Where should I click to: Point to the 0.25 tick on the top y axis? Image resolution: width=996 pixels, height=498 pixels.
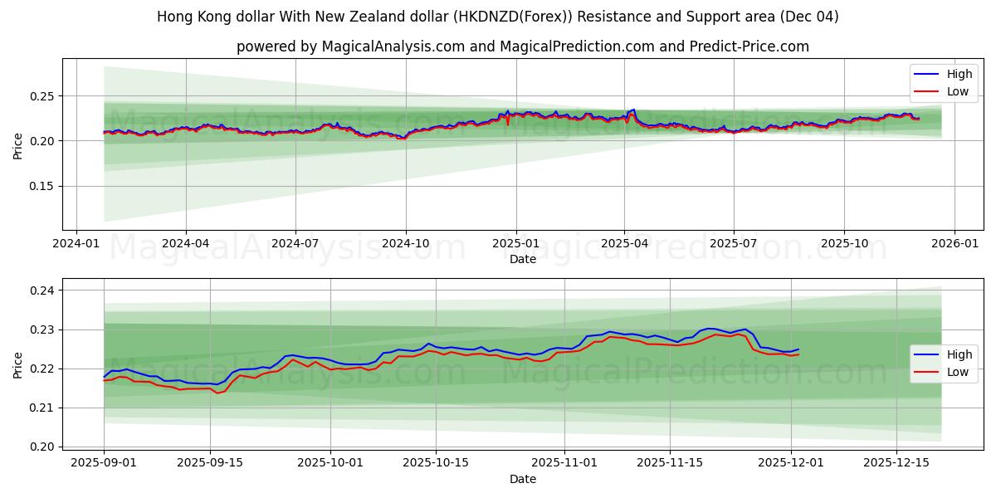click(x=42, y=96)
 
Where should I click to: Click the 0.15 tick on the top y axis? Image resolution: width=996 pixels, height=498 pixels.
click(x=42, y=186)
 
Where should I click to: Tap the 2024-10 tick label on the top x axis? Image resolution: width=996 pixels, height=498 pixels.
click(x=406, y=244)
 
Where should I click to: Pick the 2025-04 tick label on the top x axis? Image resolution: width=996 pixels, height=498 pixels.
click(x=624, y=244)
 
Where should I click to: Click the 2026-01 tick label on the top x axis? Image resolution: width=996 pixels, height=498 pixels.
click(x=954, y=244)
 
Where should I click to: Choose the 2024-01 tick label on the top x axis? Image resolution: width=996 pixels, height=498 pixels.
click(x=76, y=244)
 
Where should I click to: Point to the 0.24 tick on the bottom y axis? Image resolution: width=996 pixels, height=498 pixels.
click(x=42, y=290)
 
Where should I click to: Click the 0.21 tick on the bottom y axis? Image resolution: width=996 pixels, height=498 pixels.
click(x=42, y=408)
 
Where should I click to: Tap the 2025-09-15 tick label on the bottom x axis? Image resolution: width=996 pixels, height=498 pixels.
click(x=210, y=461)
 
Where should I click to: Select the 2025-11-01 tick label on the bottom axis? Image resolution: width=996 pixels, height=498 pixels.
click(x=564, y=461)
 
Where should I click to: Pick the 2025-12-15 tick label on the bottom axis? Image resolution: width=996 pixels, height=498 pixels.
click(x=896, y=461)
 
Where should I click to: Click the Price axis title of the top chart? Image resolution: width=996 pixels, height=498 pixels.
click(x=18, y=144)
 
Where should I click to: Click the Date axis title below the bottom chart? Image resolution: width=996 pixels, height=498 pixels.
click(x=523, y=479)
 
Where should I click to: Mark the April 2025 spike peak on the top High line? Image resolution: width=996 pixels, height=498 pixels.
click(x=634, y=109)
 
